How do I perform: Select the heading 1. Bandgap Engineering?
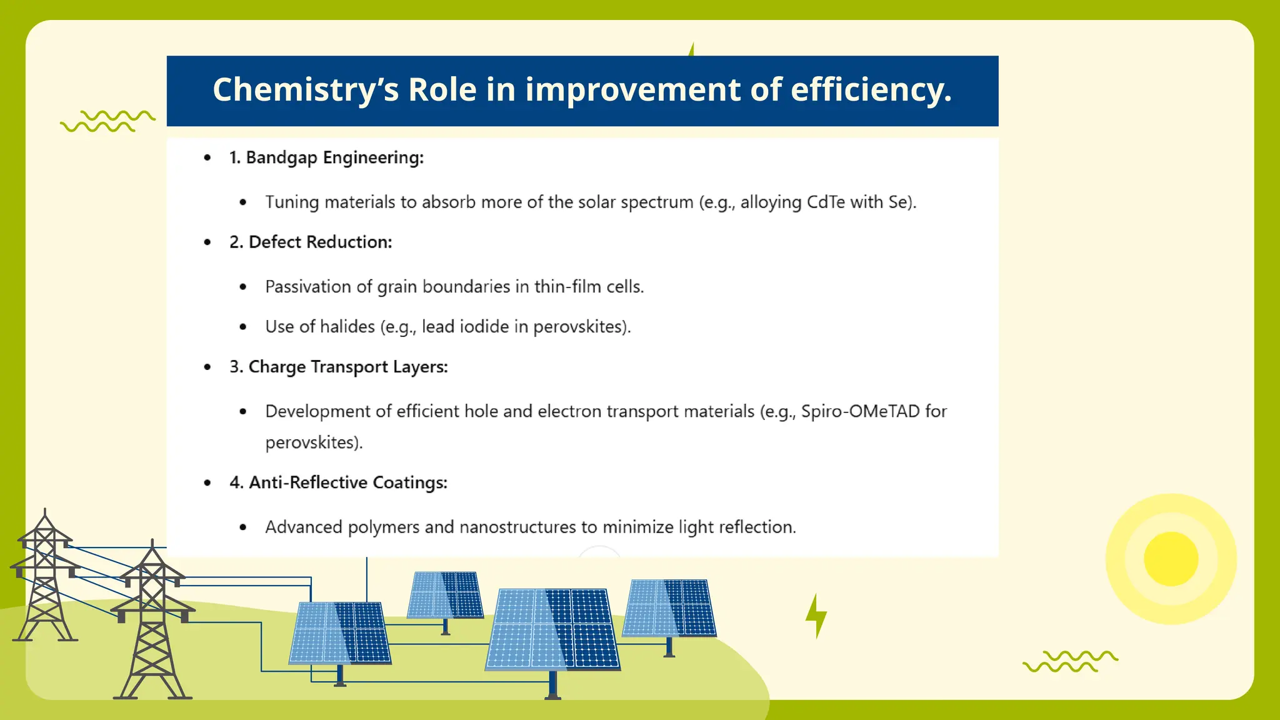point(326,157)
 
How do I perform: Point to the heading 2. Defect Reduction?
point(310,242)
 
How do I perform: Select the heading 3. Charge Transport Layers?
point(338,367)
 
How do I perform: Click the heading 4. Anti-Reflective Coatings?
point(338,482)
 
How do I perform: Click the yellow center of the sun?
point(1171,559)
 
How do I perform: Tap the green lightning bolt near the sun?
point(816,616)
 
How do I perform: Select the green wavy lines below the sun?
point(1070,661)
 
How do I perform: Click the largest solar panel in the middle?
point(552,629)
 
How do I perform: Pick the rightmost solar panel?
point(669,607)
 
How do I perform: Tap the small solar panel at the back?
point(445,594)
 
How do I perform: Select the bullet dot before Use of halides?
point(243,327)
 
